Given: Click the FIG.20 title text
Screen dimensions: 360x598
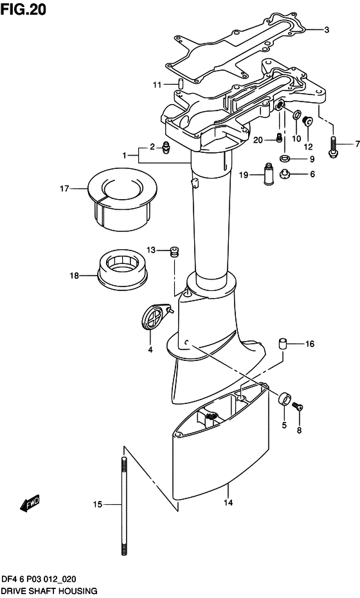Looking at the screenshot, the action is (x=23, y=9).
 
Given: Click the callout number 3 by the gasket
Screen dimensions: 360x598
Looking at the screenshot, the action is (x=327, y=30).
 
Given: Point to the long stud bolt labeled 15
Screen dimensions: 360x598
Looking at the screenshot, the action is (x=123, y=506).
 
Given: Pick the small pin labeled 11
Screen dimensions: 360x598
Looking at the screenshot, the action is (x=180, y=84).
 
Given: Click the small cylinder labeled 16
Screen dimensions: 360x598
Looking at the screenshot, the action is (x=282, y=343).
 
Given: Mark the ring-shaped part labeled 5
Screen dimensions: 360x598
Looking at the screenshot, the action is (x=284, y=399).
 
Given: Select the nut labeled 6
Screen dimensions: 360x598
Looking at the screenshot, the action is (x=284, y=174).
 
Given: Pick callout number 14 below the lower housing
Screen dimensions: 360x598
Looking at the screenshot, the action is (x=228, y=503).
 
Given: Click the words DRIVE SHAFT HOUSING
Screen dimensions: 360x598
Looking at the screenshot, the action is (x=49, y=591).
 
